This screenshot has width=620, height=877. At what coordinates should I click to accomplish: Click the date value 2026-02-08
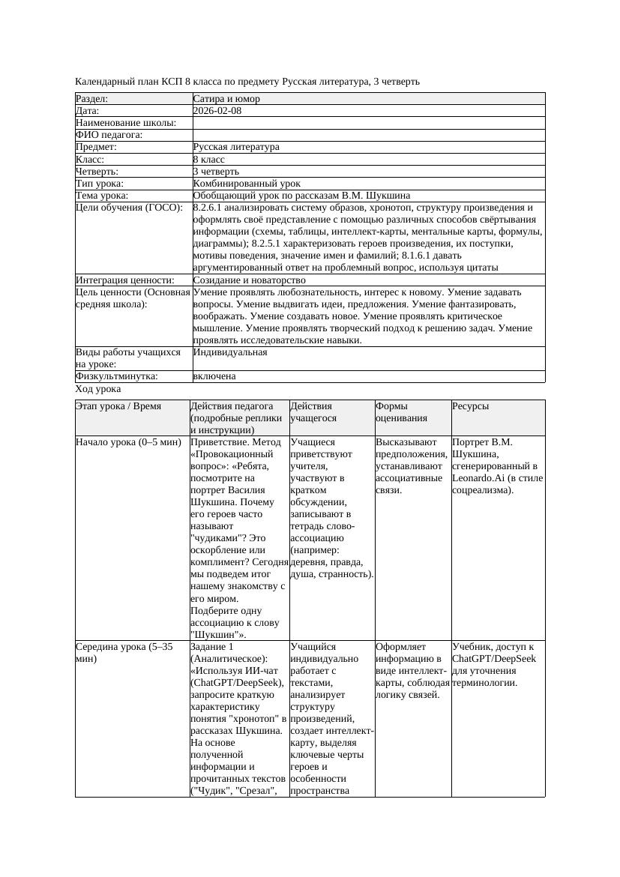click(x=217, y=111)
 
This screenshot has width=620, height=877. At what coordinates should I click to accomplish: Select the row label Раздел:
click(x=92, y=99)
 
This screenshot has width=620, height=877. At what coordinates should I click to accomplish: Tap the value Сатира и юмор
click(x=226, y=99)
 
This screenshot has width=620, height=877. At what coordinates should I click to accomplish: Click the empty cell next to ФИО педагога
click(x=367, y=135)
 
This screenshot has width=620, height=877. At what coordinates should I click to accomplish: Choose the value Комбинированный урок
click(x=247, y=184)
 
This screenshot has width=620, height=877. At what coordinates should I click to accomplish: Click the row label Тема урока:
click(x=102, y=196)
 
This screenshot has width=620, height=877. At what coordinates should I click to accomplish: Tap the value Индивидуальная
click(x=229, y=352)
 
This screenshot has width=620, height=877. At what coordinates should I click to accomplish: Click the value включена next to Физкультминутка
click(x=214, y=376)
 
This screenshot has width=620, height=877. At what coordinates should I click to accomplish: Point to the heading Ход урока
click(x=98, y=390)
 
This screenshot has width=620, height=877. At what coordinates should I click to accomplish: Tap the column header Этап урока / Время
click(x=118, y=406)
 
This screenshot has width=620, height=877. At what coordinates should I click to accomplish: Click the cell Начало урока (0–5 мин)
click(x=128, y=442)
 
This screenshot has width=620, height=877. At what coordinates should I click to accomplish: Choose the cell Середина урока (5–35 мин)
click(x=124, y=653)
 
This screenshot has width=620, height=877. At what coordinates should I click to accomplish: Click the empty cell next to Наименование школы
click(x=367, y=123)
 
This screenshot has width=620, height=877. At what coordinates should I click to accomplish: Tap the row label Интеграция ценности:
click(x=124, y=280)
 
